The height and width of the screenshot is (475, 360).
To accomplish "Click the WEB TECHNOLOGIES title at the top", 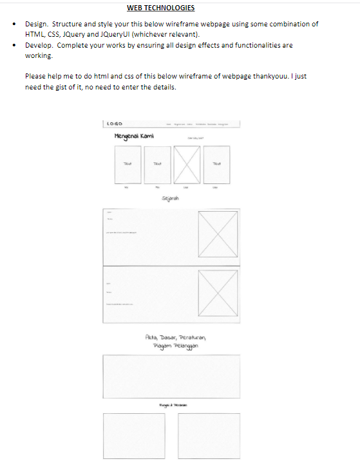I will (x=160, y=8).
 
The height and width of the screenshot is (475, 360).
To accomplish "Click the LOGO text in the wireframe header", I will (x=115, y=124).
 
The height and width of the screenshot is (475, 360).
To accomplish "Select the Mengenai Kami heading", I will (x=133, y=136).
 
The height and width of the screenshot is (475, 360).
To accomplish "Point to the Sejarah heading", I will (x=171, y=199).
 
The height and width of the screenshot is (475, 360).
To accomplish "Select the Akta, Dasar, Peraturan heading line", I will (x=175, y=337).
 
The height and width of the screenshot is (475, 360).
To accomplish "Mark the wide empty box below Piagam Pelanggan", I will (x=171, y=377).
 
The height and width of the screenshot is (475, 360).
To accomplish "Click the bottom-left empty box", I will (x=133, y=435).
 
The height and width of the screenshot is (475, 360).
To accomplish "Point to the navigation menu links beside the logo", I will (x=197, y=124).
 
